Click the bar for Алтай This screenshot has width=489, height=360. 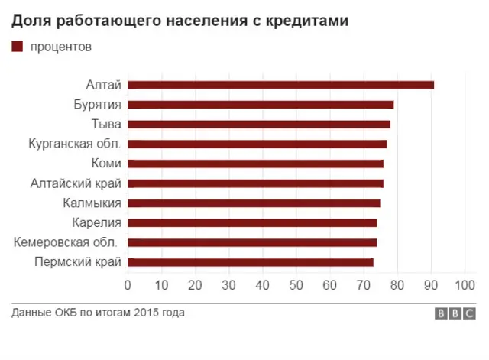(x=280, y=85)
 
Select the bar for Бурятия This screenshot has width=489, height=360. (x=261, y=105)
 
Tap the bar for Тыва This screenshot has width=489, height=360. (x=258, y=125)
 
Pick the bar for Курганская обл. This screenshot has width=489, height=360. (x=257, y=144)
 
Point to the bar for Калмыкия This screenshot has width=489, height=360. (x=254, y=203)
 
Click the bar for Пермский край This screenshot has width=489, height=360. (x=250, y=262)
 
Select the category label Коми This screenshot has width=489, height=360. (x=105, y=164)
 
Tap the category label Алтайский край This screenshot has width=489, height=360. (x=76, y=183)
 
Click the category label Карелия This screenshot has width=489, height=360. (x=96, y=223)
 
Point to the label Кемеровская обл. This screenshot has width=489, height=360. (x=66, y=243)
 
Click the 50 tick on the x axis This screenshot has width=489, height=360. (x=296, y=285)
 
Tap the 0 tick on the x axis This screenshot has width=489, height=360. (x=128, y=285)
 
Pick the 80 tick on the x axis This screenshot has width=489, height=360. (x=397, y=285)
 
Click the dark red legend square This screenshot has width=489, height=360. (x=17, y=47)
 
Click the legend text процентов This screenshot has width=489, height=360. (x=61, y=47)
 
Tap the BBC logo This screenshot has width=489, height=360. (x=454, y=313)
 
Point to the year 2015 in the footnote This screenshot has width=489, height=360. (x=146, y=313)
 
